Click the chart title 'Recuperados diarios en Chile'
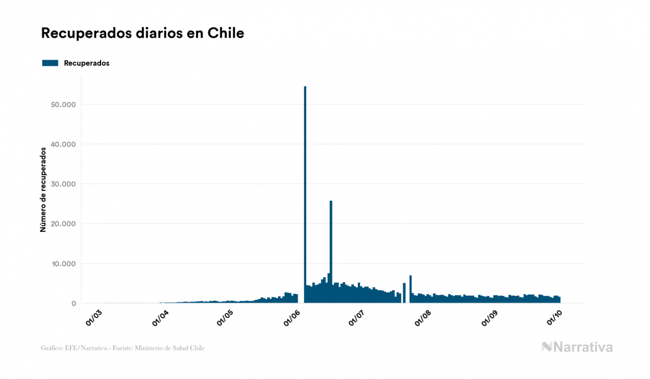click(142, 33)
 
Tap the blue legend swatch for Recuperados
click(50, 63)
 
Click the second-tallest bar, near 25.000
click(331, 247)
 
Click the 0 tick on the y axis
click(73, 304)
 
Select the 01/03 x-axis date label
click(94, 317)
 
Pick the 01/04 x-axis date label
click(160, 317)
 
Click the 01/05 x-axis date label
click(225, 317)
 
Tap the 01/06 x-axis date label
click(292, 317)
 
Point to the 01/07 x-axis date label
click(357, 317)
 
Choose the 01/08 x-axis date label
click(422, 317)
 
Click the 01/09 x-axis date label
click(489, 317)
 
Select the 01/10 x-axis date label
click(554, 317)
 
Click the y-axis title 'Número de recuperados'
click(43, 189)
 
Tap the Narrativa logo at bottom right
click(577, 347)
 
